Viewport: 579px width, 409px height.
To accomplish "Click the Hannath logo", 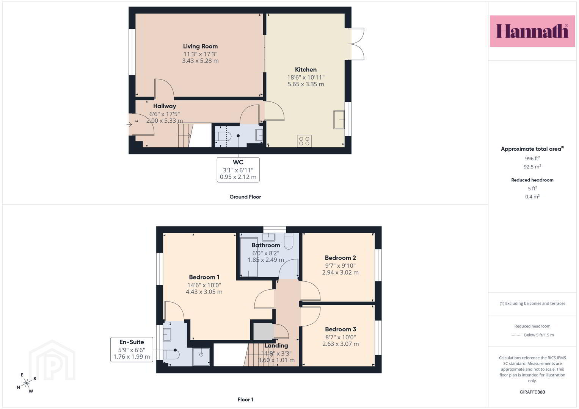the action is [x=532, y=31].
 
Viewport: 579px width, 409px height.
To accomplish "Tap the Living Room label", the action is [x=200, y=47].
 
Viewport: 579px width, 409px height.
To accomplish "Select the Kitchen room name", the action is [x=306, y=69].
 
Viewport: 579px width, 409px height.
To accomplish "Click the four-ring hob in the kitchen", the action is [x=304, y=141].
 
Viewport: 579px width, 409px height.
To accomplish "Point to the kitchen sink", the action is [x=339, y=120].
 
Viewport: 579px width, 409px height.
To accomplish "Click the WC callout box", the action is [x=238, y=170].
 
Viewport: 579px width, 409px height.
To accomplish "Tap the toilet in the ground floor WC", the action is [x=223, y=136].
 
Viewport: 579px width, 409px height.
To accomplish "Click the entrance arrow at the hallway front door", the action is [x=130, y=125].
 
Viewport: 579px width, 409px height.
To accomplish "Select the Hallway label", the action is [x=165, y=106].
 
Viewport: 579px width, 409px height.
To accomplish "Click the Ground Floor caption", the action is [x=245, y=197].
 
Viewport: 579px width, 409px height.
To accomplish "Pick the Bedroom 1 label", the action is [x=204, y=277].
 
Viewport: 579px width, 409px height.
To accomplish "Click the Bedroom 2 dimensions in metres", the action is [x=340, y=272].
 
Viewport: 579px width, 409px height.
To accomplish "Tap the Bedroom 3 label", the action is [x=340, y=329].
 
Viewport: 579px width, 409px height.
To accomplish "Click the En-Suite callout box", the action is [x=132, y=350].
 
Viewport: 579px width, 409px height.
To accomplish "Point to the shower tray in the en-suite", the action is [x=201, y=357].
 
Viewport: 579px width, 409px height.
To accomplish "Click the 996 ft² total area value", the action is [x=532, y=158].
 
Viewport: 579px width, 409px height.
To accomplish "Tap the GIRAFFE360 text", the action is [x=532, y=392].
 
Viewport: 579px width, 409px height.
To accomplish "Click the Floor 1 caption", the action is [x=245, y=400].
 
